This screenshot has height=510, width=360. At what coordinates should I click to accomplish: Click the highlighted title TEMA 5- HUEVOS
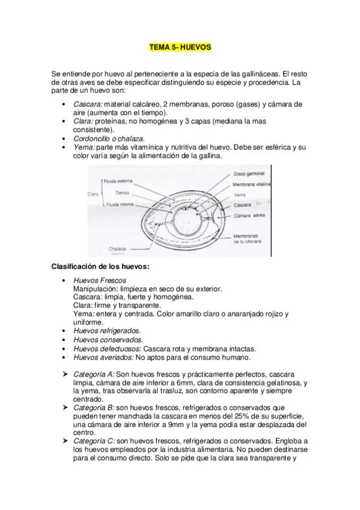coord(180,46)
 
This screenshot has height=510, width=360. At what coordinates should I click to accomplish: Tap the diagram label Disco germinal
coord(249,174)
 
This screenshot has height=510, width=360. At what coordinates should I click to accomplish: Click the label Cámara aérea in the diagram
coord(248,215)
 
